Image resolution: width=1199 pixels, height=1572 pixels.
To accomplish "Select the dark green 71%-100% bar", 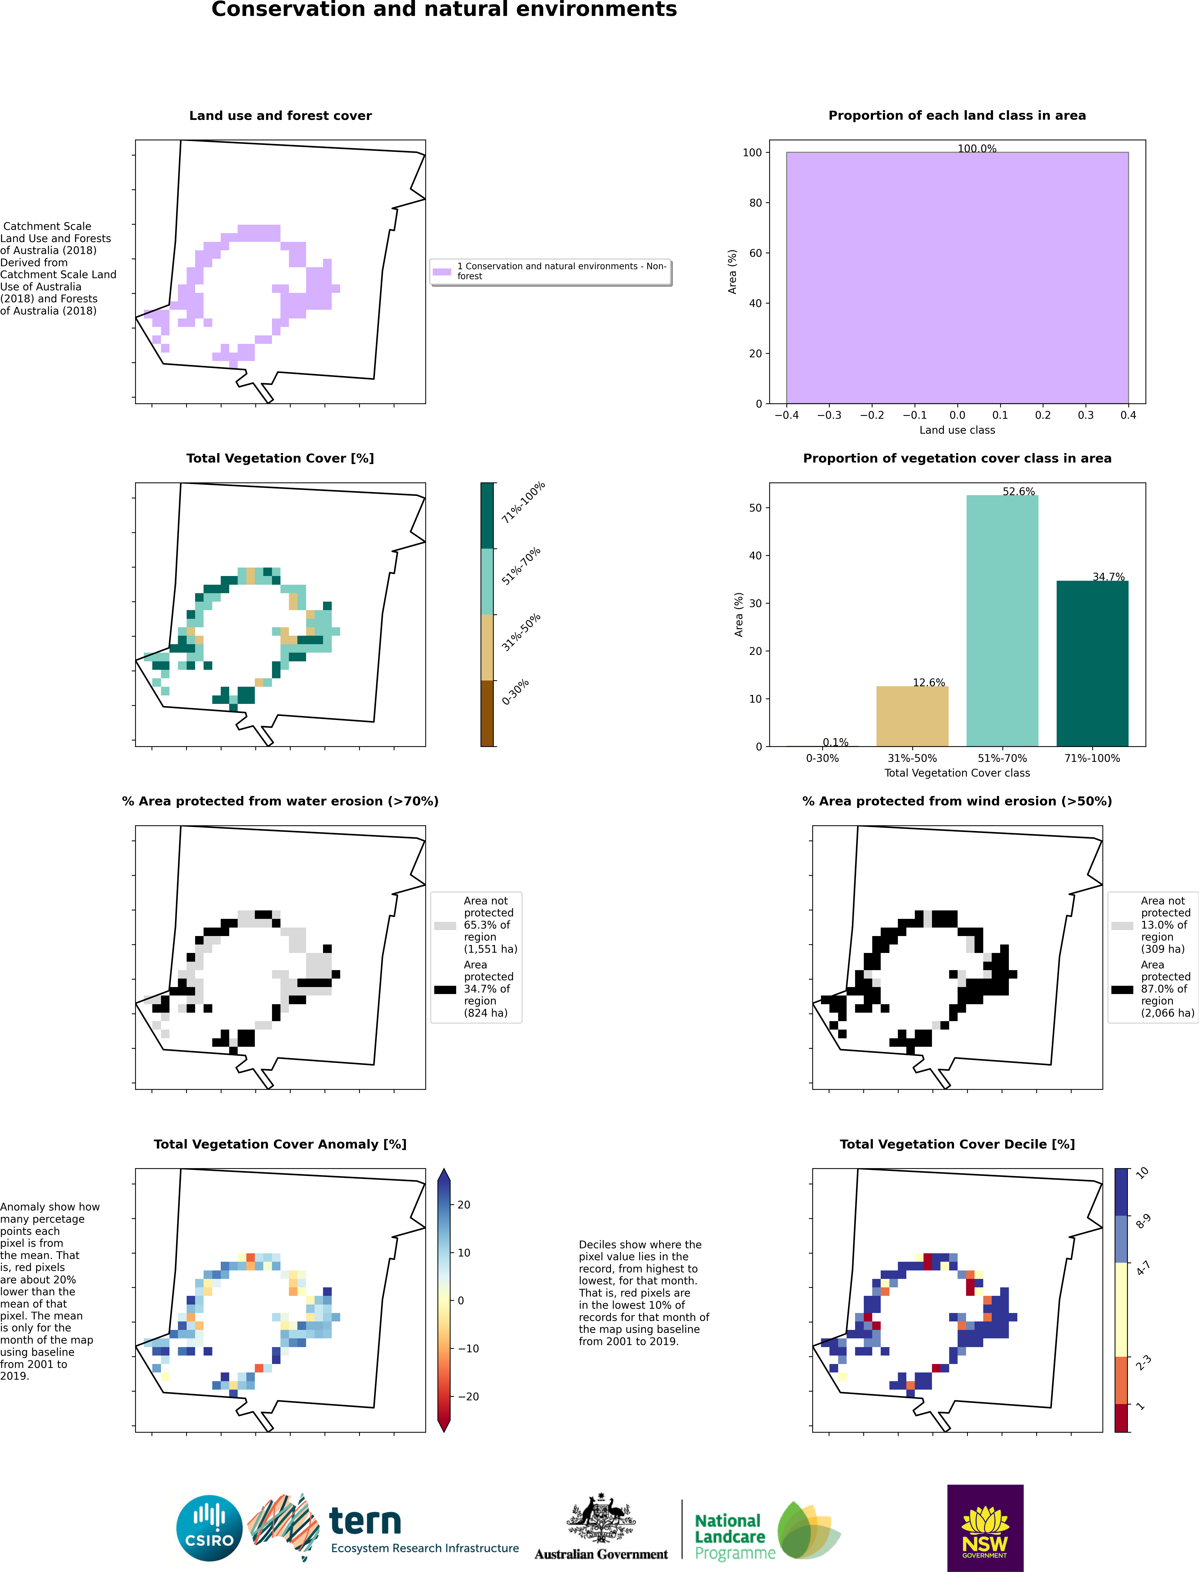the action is pyautogui.click(x=1092, y=664).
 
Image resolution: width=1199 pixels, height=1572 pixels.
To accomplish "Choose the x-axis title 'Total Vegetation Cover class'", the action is pyautogui.click(x=957, y=773).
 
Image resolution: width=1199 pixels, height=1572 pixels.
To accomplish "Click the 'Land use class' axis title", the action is pyautogui.click(x=957, y=429).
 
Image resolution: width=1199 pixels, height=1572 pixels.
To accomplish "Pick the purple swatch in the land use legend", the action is pyautogui.click(x=442, y=271).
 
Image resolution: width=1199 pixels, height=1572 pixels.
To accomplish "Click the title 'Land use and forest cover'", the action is pyautogui.click(x=280, y=116).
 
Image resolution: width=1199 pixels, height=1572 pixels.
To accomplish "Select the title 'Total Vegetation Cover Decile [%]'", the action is pyautogui.click(x=957, y=1144).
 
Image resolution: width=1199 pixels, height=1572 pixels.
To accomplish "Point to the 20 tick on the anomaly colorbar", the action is pyautogui.click(x=464, y=1205).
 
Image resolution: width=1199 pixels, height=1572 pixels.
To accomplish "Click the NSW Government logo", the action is pyautogui.click(x=985, y=1528).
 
